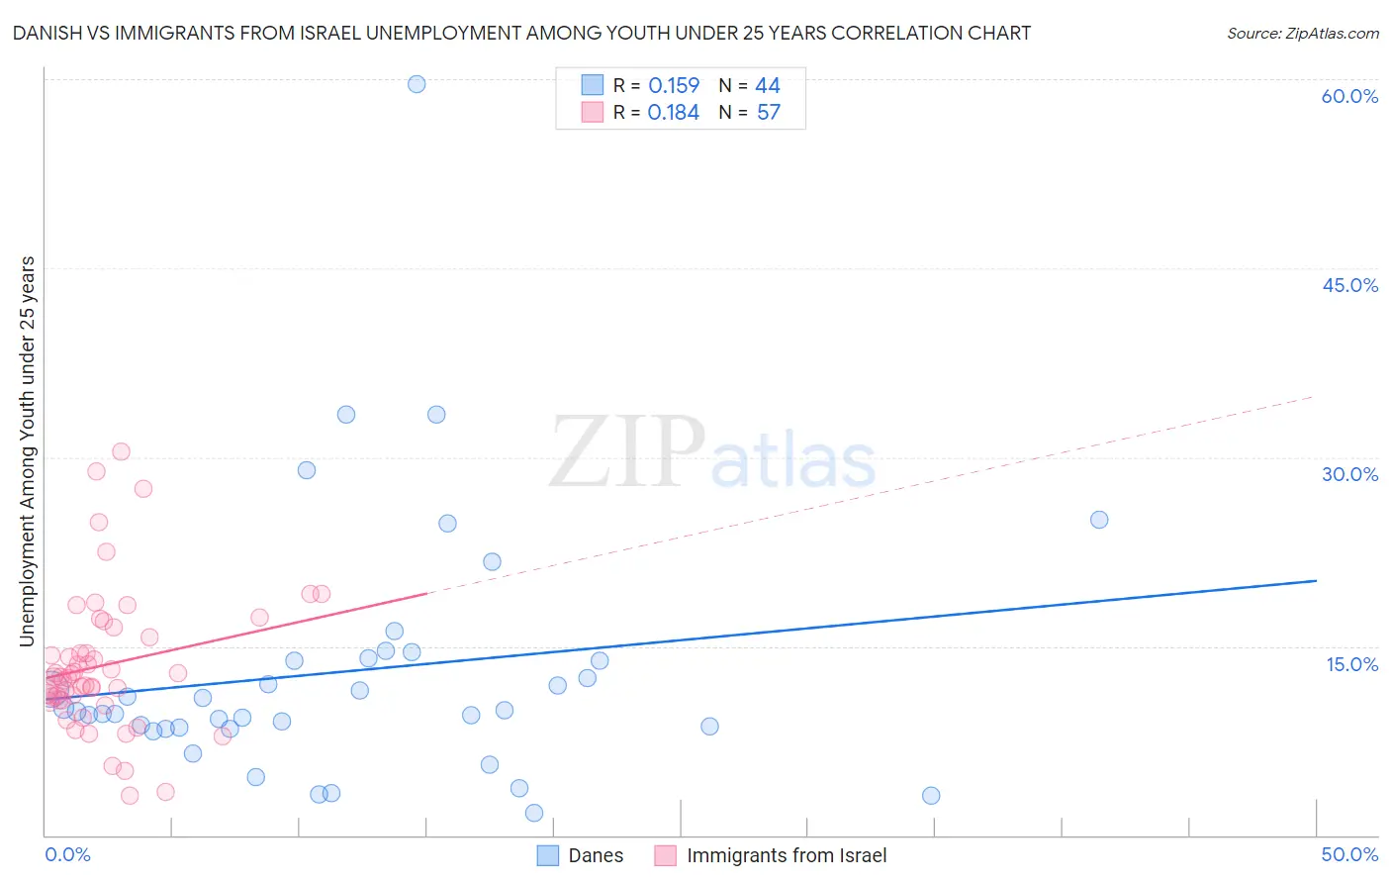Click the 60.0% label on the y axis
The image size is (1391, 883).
1349,96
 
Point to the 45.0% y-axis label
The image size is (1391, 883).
1349,285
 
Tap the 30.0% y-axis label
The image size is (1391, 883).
1349,474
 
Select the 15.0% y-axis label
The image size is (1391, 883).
1351,663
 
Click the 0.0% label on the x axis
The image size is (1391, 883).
67,854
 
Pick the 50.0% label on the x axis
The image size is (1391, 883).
1349,854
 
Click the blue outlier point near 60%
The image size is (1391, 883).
417,84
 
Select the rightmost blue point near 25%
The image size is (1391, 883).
1099,520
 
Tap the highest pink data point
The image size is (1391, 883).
121,451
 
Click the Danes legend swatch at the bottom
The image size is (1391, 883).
548,855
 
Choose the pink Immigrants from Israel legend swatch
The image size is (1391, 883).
666,855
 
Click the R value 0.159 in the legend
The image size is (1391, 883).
674,85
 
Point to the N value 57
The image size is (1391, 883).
769,112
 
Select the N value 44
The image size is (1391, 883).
768,85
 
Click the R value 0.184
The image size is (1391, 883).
674,112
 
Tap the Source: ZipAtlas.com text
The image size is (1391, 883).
1302,33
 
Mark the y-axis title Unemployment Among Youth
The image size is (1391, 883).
27,450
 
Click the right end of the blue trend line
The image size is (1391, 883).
1316,581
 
